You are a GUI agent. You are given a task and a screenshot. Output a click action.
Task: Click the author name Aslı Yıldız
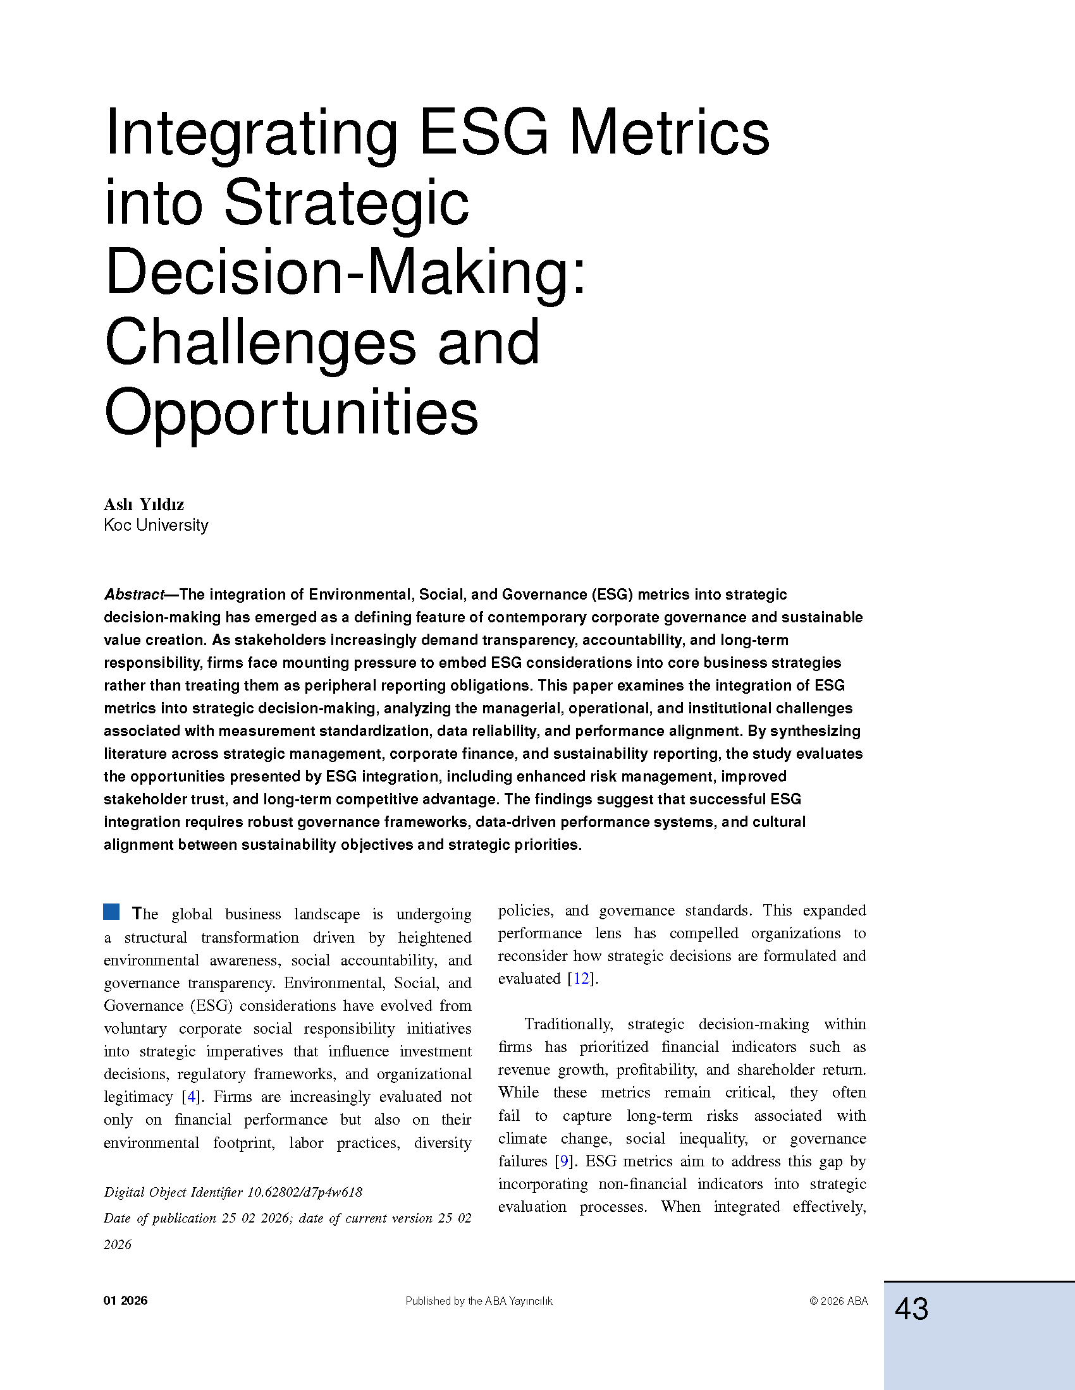pyautogui.click(x=144, y=505)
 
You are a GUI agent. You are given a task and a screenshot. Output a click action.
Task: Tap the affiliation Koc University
pyautogui.click(x=156, y=525)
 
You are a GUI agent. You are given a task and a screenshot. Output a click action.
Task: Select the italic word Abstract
pyautogui.click(x=133, y=595)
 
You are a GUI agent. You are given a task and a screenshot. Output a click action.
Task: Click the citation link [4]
pyautogui.click(x=191, y=1097)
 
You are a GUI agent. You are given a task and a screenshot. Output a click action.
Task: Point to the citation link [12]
pyautogui.click(x=582, y=978)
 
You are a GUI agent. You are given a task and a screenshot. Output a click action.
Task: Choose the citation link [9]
pyautogui.click(x=563, y=1161)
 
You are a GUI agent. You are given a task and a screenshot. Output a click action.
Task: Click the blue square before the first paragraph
pyautogui.click(x=111, y=911)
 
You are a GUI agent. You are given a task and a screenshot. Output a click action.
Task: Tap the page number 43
pyautogui.click(x=911, y=1309)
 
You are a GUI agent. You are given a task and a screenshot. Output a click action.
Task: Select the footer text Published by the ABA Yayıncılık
pyautogui.click(x=479, y=1301)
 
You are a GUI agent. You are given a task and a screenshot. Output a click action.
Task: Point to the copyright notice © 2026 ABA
pyautogui.click(x=838, y=1301)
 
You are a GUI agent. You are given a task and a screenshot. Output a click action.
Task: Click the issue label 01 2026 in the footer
pyautogui.click(x=125, y=1300)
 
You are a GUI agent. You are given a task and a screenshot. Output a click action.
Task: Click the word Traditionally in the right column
pyautogui.click(x=568, y=1024)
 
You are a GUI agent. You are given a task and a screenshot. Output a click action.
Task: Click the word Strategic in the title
pyautogui.click(x=347, y=202)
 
